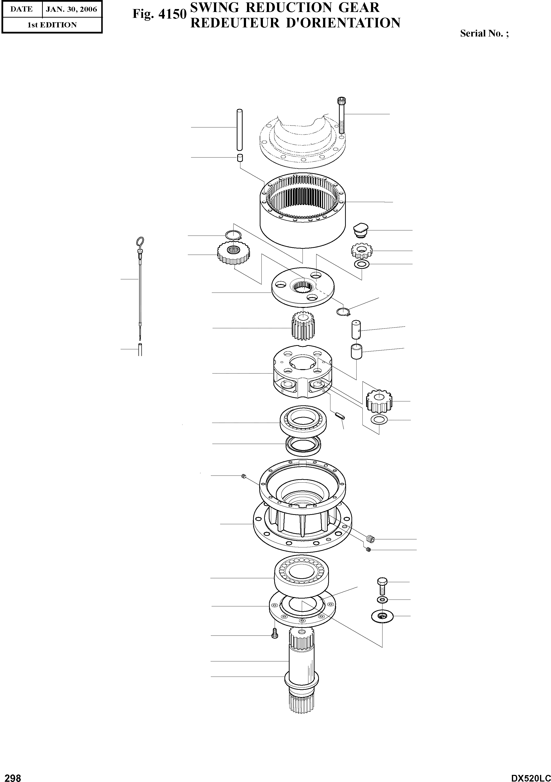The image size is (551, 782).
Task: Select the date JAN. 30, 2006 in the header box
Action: pos(71,9)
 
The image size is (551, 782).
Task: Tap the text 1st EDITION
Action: pos(52,25)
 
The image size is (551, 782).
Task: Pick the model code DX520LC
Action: pos(530,776)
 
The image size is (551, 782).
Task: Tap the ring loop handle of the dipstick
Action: pos(140,242)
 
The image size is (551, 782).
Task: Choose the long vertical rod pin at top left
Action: pos(239,129)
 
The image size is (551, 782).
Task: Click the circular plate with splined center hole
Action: pos(303,286)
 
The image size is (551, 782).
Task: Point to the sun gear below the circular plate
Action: pos(303,326)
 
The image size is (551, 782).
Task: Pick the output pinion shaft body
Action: pos(301,668)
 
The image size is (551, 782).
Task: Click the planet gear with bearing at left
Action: pos(233,252)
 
